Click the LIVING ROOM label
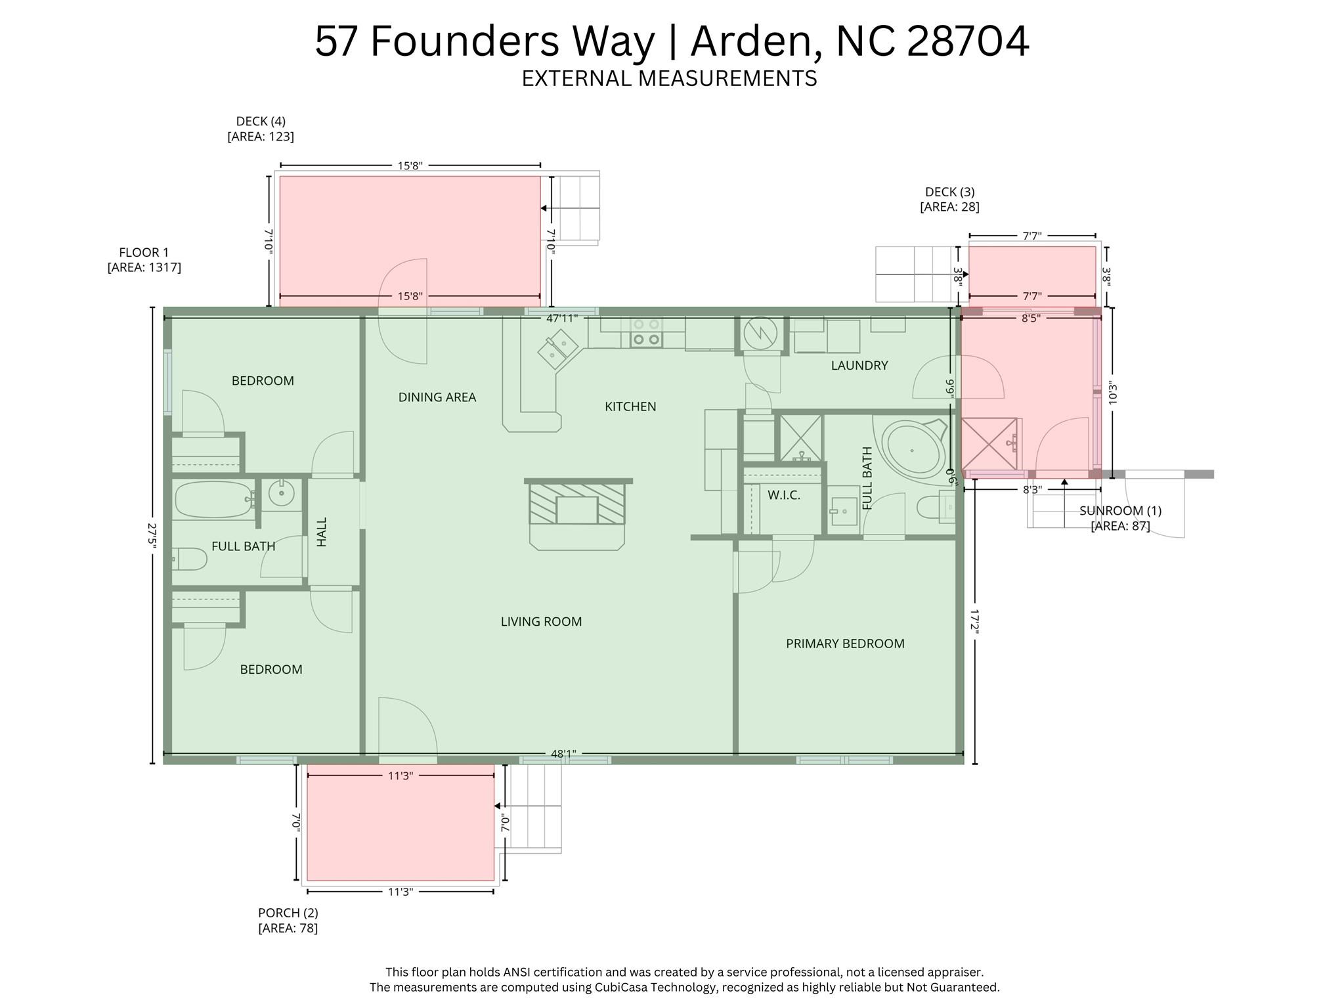pyautogui.click(x=541, y=621)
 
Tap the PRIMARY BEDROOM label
pyautogui.click(x=845, y=644)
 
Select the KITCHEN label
pyautogui.click(x=630, y=406)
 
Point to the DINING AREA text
pyautogui.click(x=437, y=397)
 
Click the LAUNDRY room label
pyautogui.click(x=859, y=366)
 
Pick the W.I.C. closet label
pyautogui.click(x=784, y=495)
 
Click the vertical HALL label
pyautogui.click(x=322, y=531)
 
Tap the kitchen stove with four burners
pyautogui.click(x=646, y=332)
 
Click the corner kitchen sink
pyautogui.click(x=557, y=349)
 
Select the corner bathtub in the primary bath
pyautogui.click(x=913, y=449)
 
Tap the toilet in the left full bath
pyautogui.click(x=190, y=559)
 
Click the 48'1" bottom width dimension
pyautogui.click(x=563, y=754)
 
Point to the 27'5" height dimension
pyautogui.click(x=153, y=535)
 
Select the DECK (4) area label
pyautogui.click(x=261, y=129)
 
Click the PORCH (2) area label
pyautogui.click(x=288, y=920)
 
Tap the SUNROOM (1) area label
pyautogui.click(x=1120, y=518)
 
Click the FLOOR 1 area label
pyautogui.click(x=144, y=260)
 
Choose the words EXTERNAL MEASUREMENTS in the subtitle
pyautogui.click(x=669, y=79)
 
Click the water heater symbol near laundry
pyautogui.click(x=761, y=333)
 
